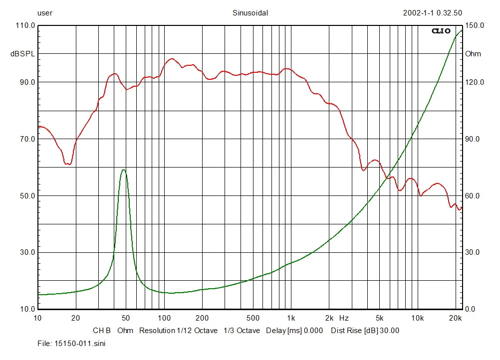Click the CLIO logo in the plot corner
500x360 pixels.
pyautogui.click(x=441, y=31)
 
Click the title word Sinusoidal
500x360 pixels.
pyautogui.click(x=250, y=13)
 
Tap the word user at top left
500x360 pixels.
pyautogui.click(x=45, y=13)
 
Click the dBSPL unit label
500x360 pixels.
pyautogui.click(x=23, y=54)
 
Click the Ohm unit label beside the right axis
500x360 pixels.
pyautogui.click(x=473, y=54)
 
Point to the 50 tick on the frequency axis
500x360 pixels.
pyautogui.click(x=126, y=318)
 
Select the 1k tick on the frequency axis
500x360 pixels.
pyautogui.click(x=291, y=318)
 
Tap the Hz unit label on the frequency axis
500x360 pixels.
pyautogui.click(x=344, y=318)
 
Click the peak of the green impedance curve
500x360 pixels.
pyautogui.click(x=123, y=170)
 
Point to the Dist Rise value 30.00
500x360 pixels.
pyautogui.click(x=389, y=331)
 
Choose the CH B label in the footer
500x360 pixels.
pyautogui.click(x=102, y=331)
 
